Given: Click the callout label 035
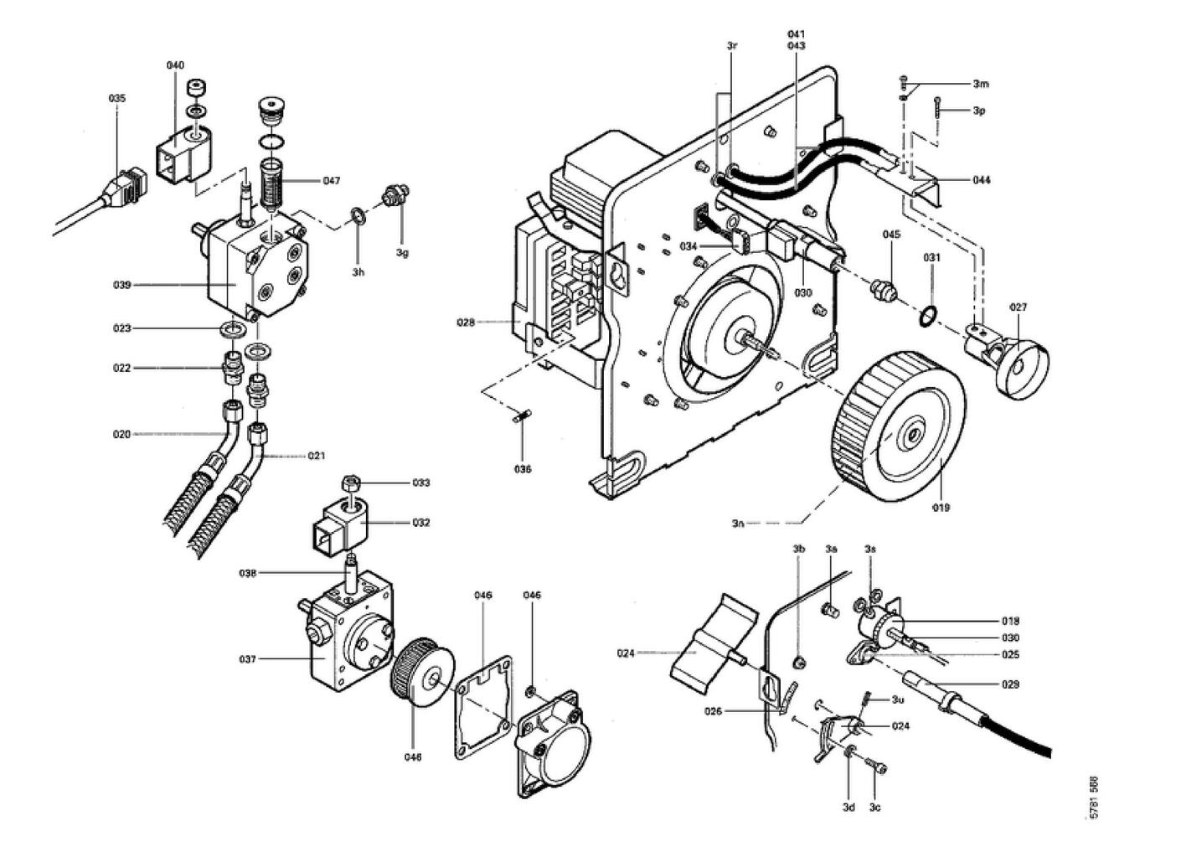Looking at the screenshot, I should point(117,98).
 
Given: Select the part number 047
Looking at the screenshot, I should point(332,181).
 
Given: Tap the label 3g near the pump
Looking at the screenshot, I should point(403,252).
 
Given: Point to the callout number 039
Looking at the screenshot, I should point(122,285).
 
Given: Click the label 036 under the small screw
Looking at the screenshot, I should point(523,469).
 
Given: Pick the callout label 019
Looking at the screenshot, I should point(941,507).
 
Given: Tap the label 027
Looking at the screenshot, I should point(1018,307).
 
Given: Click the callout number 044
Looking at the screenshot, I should point(982,180).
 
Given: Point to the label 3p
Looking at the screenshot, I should point(979,111).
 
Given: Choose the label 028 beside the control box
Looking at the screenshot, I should point(466,322).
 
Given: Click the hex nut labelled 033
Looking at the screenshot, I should point(351,483).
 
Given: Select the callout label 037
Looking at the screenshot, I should point(247,659).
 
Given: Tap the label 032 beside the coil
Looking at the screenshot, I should point(420,523).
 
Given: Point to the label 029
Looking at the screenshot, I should point(1011,684).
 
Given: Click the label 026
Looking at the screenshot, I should point(713,712).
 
